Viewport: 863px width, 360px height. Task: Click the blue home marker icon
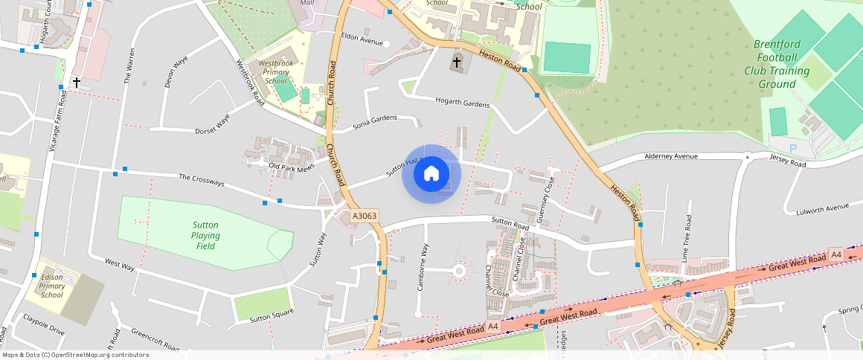pyautogui.click(x=431, y=174)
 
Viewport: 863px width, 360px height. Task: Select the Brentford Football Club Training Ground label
pyautogui.click(x=777, y=64)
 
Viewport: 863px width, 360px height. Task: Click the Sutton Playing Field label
pyautogui.click(x=205, y=236)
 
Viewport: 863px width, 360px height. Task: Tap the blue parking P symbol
pyautogui.click(x=793, y=149)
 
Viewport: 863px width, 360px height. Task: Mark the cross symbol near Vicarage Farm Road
pyautogui.click(x=76, y=82)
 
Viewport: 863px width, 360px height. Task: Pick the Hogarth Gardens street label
pyautogui.click(x=462, y=103)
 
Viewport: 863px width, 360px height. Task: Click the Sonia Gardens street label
pyautogui.click(x=375, y=122)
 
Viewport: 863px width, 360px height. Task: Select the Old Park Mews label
pyautogui.click(x=292, y=167)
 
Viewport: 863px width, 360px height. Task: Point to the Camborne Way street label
pyautogui.click(x=422, y=266)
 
